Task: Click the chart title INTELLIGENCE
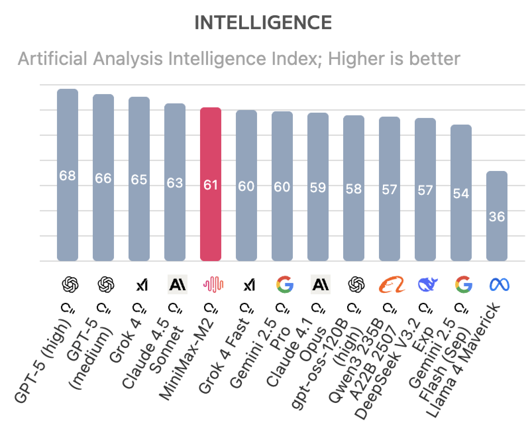click(263, 23)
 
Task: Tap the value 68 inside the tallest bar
click(68, 176)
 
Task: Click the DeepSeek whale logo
click(428, 285)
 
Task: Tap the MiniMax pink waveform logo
click(213, 285)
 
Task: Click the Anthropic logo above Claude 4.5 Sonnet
click(177, 285)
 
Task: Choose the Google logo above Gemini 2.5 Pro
click(285, 285)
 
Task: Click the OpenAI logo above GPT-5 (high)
click(70, 285)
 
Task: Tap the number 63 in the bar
click(175, 183)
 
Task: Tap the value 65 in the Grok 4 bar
click(139, 180)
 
